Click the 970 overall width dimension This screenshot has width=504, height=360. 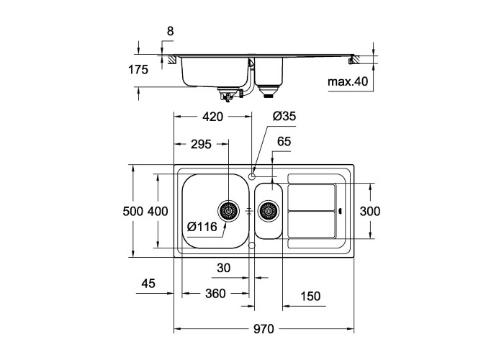pyautogui.click(x=264, y=329)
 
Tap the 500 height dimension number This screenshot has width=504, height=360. pyautogui.click(x=132, y=211)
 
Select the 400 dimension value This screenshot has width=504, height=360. pyautogui.click(x=158, y=211)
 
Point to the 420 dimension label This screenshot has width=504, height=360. pyautogui.click(x=212, y=117)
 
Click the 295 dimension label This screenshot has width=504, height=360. pyautogui.click(x=201, y=144)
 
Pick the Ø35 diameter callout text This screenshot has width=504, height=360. pyautogui.click(x=284, y=116)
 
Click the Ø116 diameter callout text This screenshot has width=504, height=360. pyautogui.click(x=202, y=227)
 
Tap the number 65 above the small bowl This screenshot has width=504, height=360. pyautogui.click(x=284, y=141)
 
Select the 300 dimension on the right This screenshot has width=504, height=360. pyautogui.click(x=370, y=211)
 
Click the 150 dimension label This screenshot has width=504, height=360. pyautogui.click(x=310, y=296)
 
